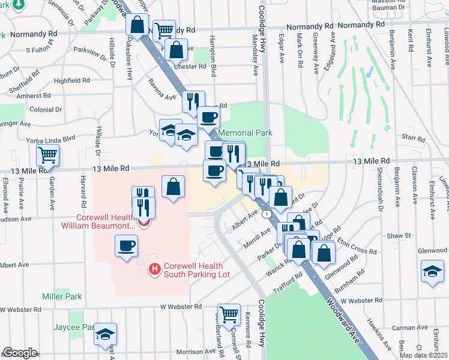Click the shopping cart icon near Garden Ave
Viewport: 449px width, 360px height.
47,155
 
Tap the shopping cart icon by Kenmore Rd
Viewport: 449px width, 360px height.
229,314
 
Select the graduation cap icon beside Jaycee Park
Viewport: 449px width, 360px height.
106,334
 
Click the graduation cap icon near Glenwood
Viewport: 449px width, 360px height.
432,271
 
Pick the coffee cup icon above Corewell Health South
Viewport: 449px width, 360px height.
126,245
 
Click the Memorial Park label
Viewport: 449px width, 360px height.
245,133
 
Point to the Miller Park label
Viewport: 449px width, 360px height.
62,296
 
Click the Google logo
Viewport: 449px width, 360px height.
20,353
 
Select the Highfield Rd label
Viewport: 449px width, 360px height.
71,80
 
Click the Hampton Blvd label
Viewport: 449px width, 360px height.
213,62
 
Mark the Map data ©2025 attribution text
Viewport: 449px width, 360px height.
423,355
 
